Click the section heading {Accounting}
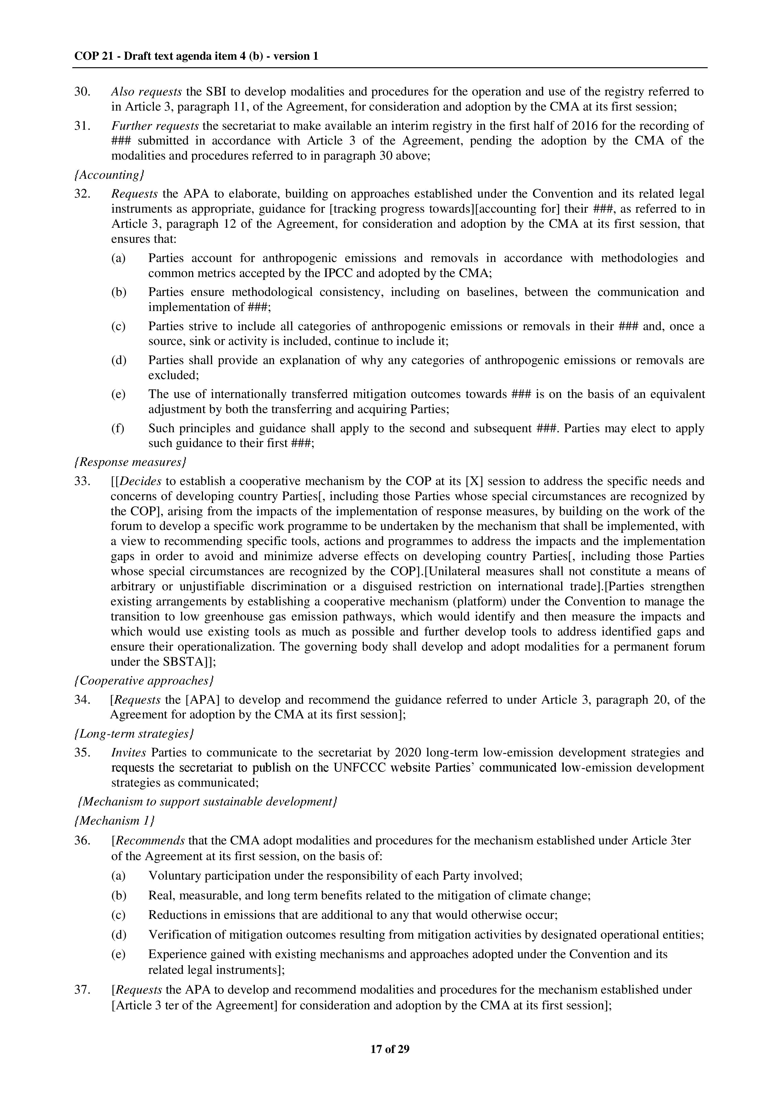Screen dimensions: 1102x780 pos(109,175)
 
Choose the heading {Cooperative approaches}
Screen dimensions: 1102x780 pos(144,681)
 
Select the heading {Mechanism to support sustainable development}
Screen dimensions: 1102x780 pos(207,802)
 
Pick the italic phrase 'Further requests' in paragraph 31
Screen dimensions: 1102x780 pos(155,126)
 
